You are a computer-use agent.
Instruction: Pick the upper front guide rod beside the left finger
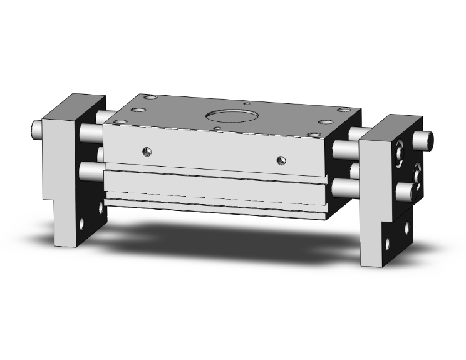click(x=91, y=133)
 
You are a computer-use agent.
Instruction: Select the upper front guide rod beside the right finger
click(x=346, y=150)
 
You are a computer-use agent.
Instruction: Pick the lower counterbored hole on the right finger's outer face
click(x=418, y=170)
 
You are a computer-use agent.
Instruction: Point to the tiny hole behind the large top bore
click(x=248, y=103)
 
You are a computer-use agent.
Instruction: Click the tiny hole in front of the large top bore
click(x=217, y=128)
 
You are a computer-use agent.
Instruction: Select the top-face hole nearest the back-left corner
click(x=148, y=98)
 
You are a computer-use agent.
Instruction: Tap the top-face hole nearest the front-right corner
click(x=324, y=123)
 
